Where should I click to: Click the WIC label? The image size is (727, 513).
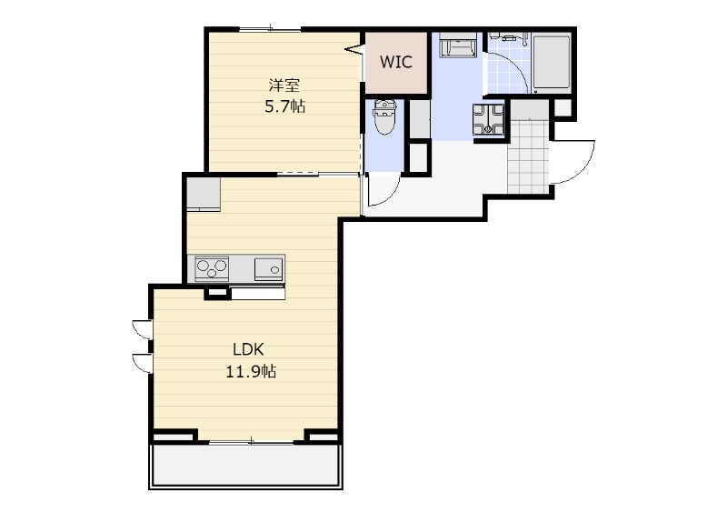(x=396, y=62)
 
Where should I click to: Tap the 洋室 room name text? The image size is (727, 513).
(x=284, y=85)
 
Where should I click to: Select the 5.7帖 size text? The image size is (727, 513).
(x=284, y=106)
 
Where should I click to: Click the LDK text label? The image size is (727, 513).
(x=248, y=349)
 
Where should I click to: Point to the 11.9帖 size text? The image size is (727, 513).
(x=251, y=371)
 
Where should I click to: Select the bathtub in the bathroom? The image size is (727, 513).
(x=551, y=63)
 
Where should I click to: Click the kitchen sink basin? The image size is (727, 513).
(x=268, y=269)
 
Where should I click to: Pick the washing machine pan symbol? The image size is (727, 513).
(x=488, y=119)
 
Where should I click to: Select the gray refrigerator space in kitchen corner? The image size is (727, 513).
(x=204, y=194)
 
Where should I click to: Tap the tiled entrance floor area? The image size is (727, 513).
(x=529, y=156)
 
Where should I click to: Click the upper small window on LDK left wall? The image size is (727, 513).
(x=143, y=328)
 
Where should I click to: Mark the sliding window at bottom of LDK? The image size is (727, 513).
(x=251, y=441)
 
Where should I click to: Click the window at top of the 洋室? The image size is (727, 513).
(x=270, y=29)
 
